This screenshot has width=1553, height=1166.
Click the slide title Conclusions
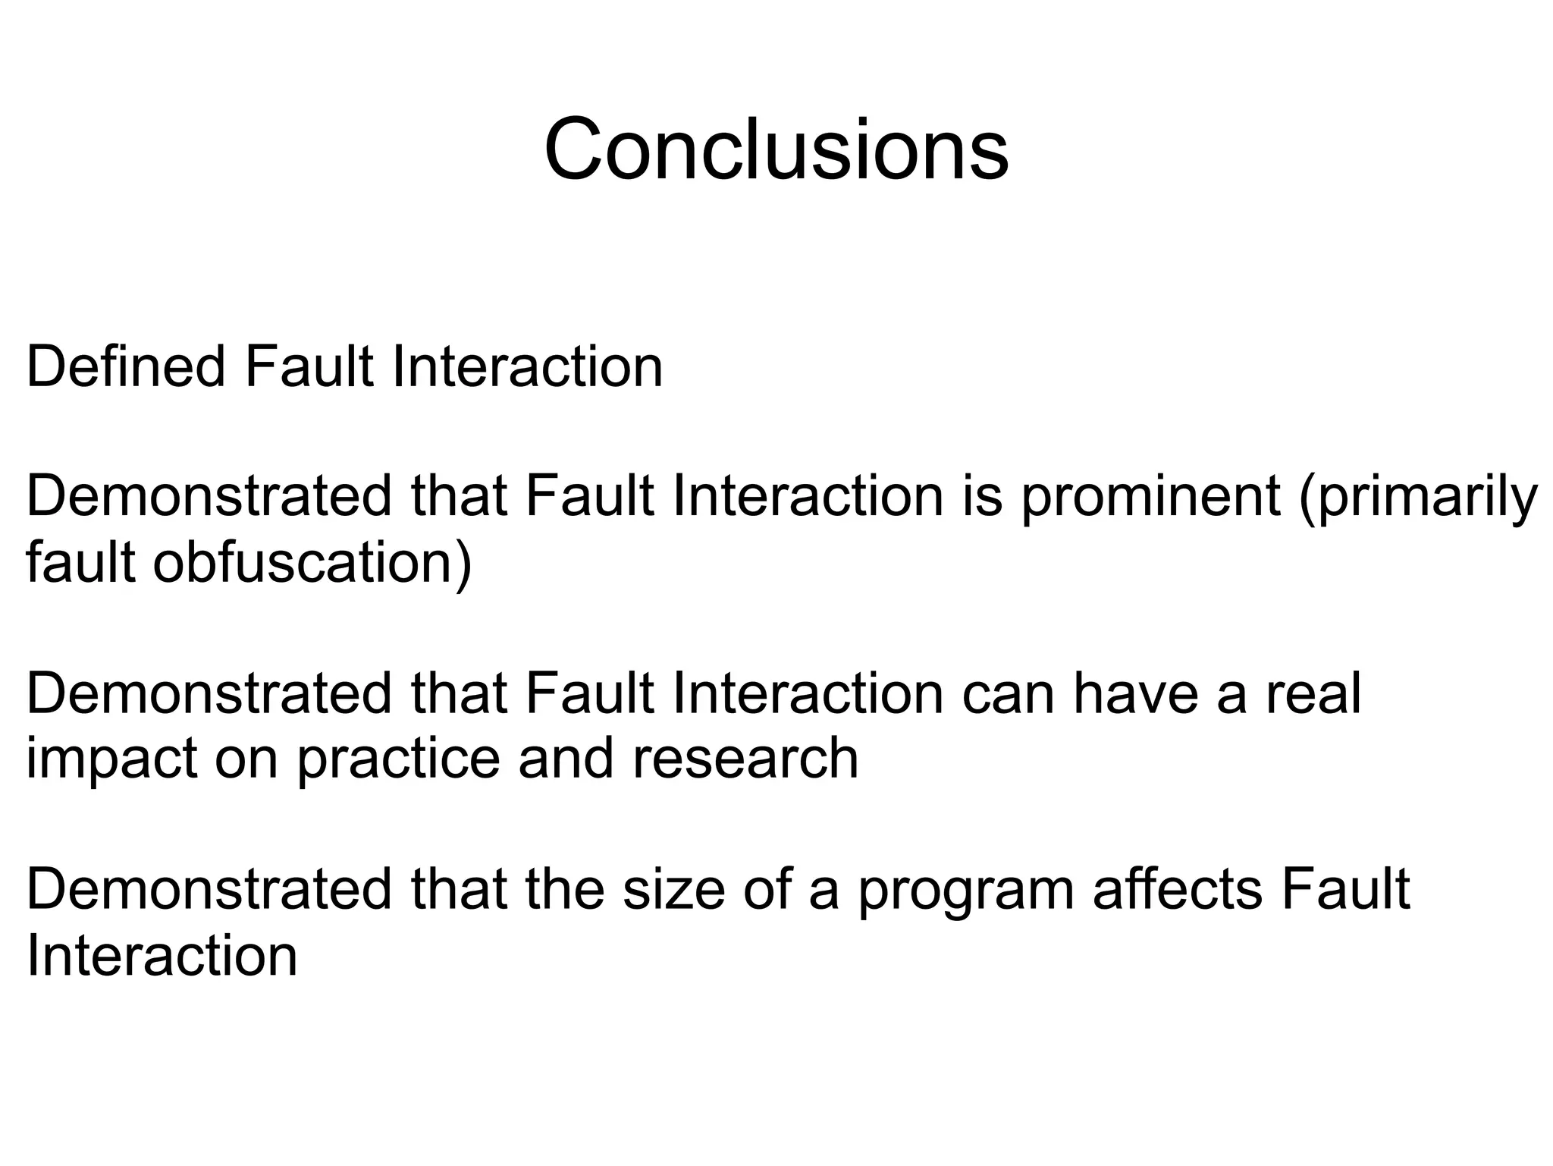tap(776, 149)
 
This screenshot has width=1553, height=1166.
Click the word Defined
tap(126, 366)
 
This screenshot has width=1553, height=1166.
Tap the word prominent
tap(1150, 498)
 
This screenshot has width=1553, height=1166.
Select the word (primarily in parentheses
tap(1417, 498)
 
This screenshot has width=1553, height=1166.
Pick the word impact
tap(111, 759)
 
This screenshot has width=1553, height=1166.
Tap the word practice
tap(397, 759)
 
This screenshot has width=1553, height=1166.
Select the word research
tap(745, 759)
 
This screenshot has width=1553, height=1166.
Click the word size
tap(673, 889)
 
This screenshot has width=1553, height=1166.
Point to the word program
tap(965, 891)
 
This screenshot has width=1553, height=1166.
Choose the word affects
tap(1176, 889)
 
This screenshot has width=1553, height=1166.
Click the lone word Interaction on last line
tap(162, 956)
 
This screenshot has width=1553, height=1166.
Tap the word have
tap(1134, 693)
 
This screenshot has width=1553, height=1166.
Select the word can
tap(1008, 695)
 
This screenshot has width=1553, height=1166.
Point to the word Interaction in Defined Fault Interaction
tap(527, 366)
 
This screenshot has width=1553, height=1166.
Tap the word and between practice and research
tap(565, 759)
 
